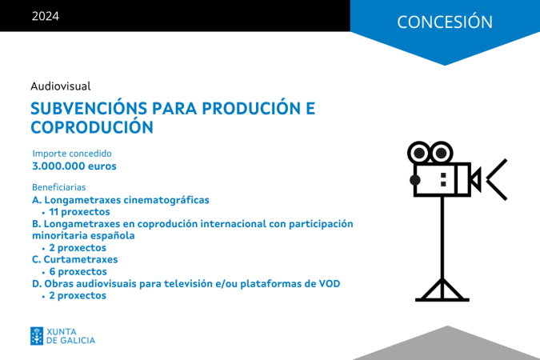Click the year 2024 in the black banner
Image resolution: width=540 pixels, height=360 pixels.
click(45, 16)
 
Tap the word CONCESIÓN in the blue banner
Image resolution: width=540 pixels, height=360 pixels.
click(445, 22)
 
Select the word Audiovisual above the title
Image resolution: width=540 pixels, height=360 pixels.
click(61, 86)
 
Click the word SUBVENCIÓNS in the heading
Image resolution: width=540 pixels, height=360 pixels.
click(89, 108)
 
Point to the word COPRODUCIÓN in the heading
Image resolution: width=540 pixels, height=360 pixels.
click(92, 126)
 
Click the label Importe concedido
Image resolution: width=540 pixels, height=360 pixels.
click(72, 154)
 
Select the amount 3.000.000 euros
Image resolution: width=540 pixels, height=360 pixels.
click(74, 166)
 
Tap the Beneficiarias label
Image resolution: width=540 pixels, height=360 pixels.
click(59, 187)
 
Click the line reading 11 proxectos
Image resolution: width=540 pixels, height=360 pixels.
click(79, 212)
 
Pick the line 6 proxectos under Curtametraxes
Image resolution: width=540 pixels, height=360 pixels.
click(78, 271)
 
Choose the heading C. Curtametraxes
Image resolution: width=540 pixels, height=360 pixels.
click(74, 259)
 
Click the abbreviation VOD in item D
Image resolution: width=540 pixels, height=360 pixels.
click(330, 283)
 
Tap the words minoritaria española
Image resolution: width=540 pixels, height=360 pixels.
click(83, 236)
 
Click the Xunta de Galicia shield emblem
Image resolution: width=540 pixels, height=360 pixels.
click(37, 336)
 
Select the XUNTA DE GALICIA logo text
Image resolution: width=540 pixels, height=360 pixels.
click(70, 336)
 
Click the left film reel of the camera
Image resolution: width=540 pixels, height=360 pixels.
click(418, 153)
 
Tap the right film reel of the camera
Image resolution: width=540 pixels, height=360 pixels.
click(442, 153)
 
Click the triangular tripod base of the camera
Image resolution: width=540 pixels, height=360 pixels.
click(442, 290)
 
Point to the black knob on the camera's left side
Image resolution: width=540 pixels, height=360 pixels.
click(414, 180)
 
